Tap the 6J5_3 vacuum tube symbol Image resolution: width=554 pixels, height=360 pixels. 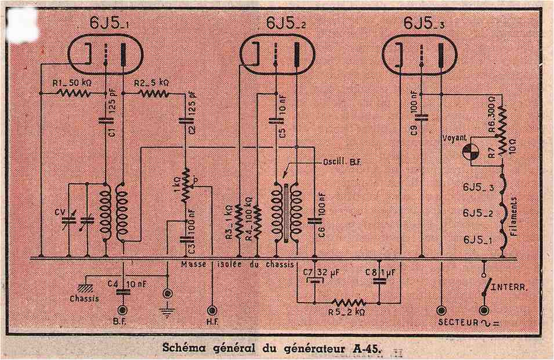click(x=419, y=54)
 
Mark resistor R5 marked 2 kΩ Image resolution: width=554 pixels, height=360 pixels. click(x=348, y=302)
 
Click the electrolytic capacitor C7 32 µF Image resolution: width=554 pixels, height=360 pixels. click(x=315, y=281)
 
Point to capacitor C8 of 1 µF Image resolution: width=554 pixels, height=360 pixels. click(x=380, y=281)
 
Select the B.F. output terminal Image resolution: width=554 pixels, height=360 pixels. click(x=122, y=311)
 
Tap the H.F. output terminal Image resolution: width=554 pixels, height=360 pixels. click(x=213, y=311)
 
